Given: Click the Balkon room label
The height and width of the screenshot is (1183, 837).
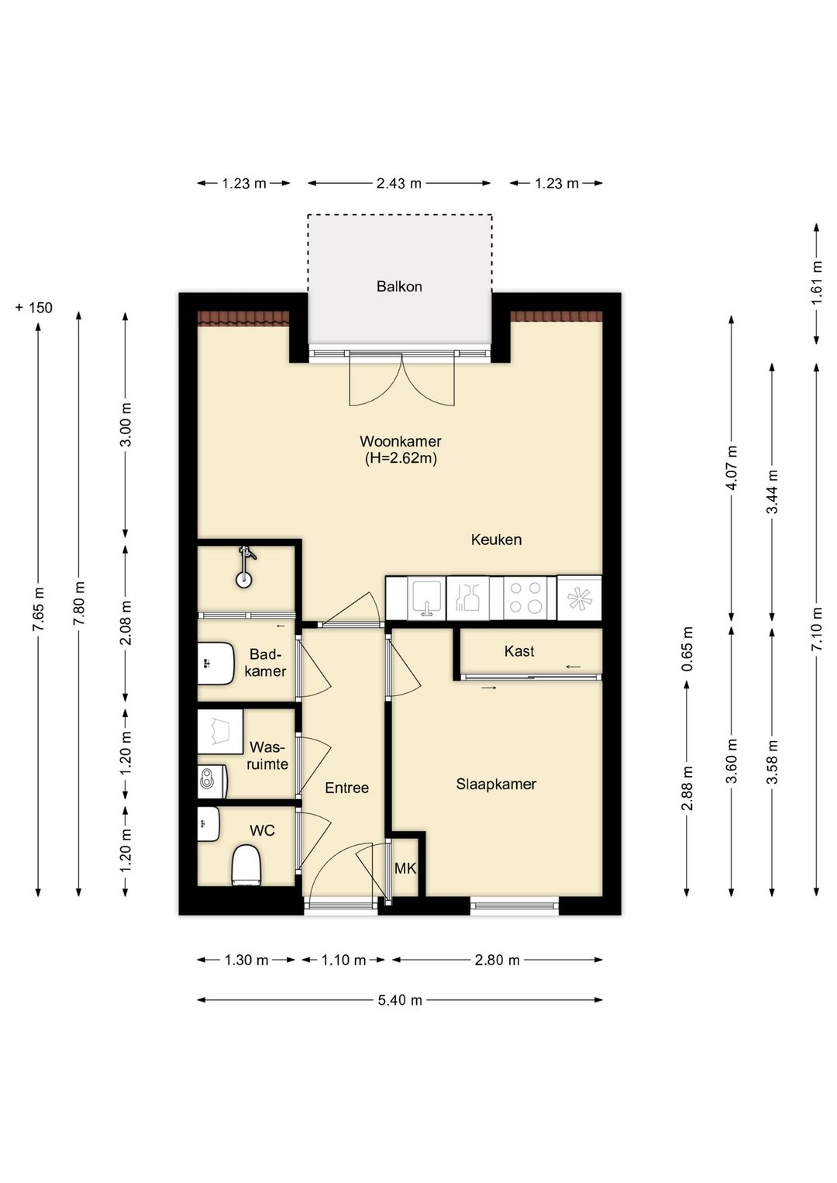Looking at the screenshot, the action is tap(398, 287).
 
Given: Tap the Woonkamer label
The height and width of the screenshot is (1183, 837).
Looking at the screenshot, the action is tap(400, 441).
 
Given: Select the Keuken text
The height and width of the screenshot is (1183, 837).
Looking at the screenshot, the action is tap(496, 540).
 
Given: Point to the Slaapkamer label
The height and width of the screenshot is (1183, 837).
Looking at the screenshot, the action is tap(496, 785).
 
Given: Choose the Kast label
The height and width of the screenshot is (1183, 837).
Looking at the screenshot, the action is tap(519, 651).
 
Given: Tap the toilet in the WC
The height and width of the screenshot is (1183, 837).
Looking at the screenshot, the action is tap(246, 865).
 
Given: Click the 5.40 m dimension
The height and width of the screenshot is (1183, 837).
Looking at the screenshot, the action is tap(400, 1000).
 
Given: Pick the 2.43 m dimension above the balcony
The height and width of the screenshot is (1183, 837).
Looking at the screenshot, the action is tap(398, 183).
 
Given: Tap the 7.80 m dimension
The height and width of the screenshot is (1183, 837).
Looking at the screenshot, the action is tap(79, 604).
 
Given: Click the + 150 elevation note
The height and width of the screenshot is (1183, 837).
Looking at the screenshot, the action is tap(34, 308).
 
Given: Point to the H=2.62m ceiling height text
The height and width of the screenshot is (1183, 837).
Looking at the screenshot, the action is tap(401, 458).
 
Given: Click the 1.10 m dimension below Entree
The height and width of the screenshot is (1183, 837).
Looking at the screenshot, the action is tap(343, 961).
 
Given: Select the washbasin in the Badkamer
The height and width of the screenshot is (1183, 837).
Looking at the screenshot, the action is tap(216, 664).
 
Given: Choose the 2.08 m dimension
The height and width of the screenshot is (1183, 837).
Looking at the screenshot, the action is tap(125, 623).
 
